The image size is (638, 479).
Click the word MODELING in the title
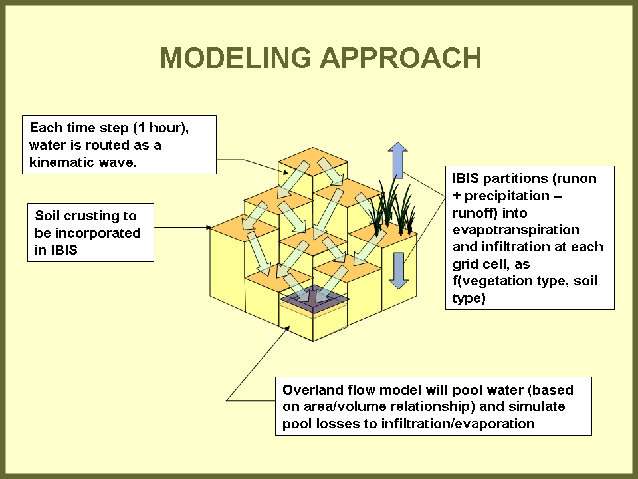pos(235,59)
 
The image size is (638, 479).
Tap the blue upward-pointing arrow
pos(397,160)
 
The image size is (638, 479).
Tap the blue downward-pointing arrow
pos(397,270)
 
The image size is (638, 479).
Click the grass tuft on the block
pos(393,203)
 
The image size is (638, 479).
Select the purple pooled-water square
pos(314,299)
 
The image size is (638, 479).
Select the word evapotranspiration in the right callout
pos(516,230)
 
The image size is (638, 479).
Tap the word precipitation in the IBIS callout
pos(511,196)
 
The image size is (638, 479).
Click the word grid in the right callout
pos(467,264)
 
